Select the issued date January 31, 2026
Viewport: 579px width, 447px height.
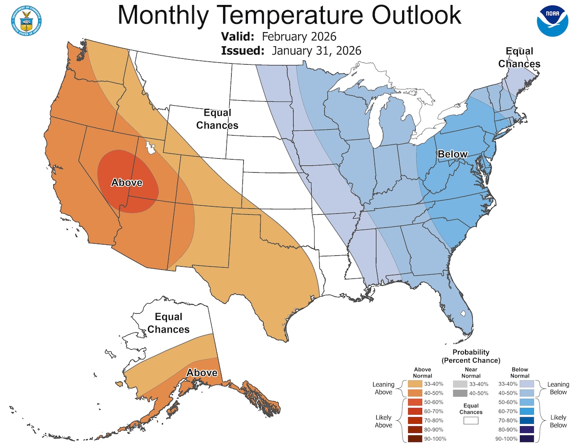click(316, 51)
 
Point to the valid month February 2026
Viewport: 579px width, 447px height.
click(299, 37)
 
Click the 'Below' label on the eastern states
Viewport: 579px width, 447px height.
click(452, 154)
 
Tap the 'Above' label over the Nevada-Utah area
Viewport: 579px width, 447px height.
click(127, 183)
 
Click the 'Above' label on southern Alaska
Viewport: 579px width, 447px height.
click(202, 373)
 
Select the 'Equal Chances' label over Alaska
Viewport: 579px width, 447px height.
click(168, 323)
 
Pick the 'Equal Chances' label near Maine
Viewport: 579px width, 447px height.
click(519, 57)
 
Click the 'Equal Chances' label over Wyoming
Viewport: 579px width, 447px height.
click(217, 119)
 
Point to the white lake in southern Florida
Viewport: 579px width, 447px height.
click(463, 313)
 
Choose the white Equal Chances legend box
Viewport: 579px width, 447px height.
click(471, 420)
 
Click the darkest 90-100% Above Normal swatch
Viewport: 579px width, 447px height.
click(415, 438)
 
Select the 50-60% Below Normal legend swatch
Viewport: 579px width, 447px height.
click(527, 402)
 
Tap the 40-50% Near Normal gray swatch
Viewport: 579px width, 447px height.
click(460, 393)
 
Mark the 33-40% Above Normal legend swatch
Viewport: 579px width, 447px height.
click(415, 384)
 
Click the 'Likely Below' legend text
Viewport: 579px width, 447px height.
click(558, 421)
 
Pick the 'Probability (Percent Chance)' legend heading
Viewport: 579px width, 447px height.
click(471, 356)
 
